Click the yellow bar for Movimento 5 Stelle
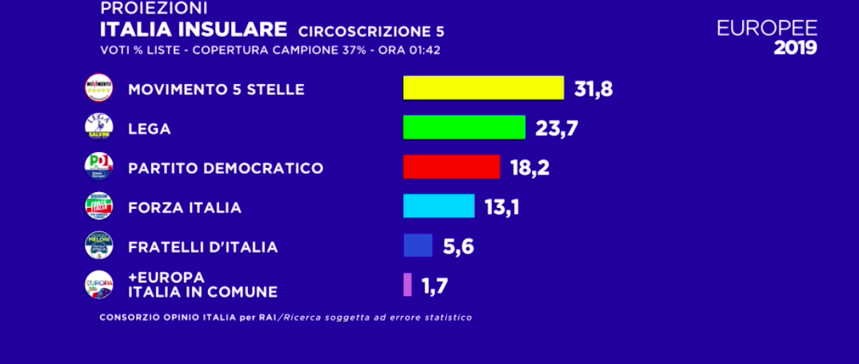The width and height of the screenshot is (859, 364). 483,88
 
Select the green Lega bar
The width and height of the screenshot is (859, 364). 464,127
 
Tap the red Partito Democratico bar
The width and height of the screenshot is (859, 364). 451,166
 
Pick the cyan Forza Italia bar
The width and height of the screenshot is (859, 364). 438,206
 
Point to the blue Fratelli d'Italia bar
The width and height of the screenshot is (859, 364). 418,245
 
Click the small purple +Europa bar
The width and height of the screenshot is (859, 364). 407,284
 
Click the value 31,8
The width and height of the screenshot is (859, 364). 593,88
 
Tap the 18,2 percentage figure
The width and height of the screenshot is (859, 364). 529,167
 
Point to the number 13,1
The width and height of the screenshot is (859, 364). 503,206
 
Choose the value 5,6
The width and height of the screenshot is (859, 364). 458,246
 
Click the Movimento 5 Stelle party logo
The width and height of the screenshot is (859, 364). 98,88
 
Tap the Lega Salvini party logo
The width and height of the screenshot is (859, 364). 98,127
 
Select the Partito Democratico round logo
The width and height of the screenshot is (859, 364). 98,166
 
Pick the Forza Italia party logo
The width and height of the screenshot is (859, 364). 98,206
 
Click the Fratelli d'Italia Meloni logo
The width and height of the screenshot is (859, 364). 98,246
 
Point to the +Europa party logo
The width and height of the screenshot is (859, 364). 98,285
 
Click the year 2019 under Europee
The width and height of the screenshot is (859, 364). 795,48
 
